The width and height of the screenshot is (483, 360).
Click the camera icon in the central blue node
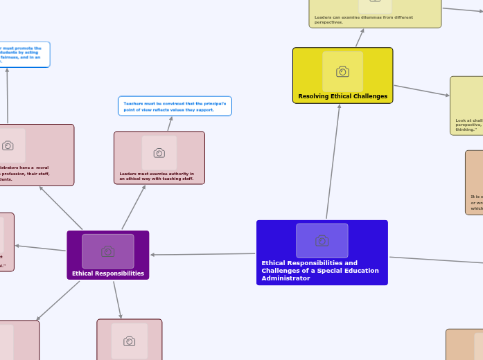click(x=322, y=241)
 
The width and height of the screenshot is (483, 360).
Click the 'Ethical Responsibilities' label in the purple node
click(x=108, y=273)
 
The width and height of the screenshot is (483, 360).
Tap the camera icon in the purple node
click(x=108, y=251)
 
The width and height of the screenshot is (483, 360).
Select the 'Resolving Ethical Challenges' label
click(x=342, y=96)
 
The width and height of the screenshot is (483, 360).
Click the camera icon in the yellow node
click(x=342, y=72)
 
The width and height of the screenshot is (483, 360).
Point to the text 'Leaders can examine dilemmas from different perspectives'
click(x=363, y=19)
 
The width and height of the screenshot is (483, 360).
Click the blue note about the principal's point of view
click(x=175, y=106)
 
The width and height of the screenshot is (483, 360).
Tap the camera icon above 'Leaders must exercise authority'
click(x=159, y=153)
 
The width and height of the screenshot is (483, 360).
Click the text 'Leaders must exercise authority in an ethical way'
click(x=157, y=177)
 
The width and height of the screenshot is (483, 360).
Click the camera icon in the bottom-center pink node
click(x=129, y=341)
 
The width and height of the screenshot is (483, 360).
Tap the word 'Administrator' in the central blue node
click(x=286, y=278)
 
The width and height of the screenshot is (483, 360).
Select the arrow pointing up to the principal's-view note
click(x=169, y=124)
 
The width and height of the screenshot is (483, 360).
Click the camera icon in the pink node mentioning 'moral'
click(x=8, y=145)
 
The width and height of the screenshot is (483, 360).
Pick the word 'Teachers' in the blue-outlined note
click(x=134, y=103)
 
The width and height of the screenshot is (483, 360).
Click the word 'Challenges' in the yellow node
click(x=371, y=96)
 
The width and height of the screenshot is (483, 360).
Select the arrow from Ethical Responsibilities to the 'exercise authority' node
click(x=134, y=207)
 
